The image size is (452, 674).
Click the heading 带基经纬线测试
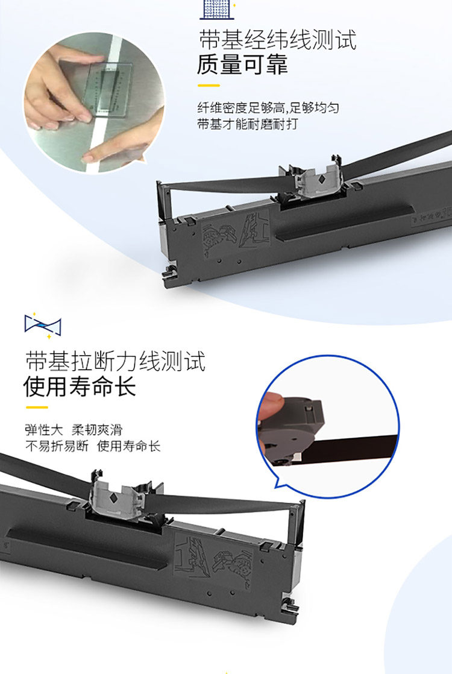point(278,40)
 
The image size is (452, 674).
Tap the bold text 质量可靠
point(242,65)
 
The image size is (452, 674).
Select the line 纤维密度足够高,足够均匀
point(268,107)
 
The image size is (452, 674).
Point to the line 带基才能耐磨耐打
point(247,124)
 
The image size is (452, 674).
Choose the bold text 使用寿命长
point(80,386)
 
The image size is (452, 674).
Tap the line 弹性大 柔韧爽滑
point(74,429)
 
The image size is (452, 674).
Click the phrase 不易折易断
point(57,446)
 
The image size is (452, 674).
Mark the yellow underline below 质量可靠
point(209,86)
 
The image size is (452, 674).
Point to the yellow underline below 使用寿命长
point(37,407)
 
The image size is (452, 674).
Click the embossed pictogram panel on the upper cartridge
point(236,236)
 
